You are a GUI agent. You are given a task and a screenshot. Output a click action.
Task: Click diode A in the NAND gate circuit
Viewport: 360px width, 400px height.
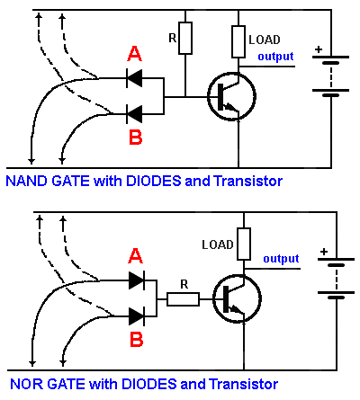(134, 78)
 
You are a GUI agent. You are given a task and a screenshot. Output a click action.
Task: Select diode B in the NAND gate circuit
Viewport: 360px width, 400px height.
(134, 114)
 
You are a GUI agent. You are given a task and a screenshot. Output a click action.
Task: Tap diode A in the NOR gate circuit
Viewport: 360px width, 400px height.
(137, 280)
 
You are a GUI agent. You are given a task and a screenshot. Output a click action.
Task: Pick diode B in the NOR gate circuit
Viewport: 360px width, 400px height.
(137, 316)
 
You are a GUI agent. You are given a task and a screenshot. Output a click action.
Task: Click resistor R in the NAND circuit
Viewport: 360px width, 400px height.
(185, 38)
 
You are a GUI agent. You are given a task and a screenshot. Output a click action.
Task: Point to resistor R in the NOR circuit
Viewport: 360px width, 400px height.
(183, 299)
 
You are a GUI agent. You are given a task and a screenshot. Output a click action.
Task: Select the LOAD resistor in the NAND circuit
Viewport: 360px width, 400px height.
(238, 41)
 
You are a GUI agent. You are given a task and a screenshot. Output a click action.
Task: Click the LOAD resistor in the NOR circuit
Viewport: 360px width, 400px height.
(244, 244)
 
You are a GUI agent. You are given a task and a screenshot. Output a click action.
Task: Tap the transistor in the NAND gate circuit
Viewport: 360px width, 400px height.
(231, 96)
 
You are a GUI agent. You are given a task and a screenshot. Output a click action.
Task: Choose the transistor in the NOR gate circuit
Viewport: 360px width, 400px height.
(237, 298)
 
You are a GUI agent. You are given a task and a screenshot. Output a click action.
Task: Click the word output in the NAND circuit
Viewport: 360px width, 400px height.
(275, 57)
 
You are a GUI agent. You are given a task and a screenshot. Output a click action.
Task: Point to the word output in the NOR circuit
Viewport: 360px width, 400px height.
(281, 259)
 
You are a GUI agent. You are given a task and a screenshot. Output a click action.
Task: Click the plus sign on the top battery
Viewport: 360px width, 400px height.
(319, 49)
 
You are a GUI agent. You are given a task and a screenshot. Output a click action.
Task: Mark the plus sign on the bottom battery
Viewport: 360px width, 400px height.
(324, 252)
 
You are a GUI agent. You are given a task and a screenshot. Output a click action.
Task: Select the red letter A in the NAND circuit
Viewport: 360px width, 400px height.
(134, 54)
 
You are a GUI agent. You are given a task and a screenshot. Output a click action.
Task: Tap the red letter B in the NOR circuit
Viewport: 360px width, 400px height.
(136, 340)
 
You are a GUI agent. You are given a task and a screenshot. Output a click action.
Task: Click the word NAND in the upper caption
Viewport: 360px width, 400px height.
(27, 181)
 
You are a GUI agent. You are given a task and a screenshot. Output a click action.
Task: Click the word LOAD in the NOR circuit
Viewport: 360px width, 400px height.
(218, 244)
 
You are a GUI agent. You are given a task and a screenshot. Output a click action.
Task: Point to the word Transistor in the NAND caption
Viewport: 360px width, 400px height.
(248, 181)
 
